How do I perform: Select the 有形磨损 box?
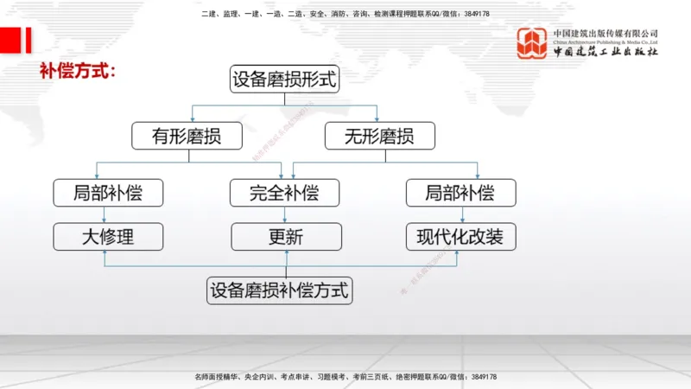[x=186, y=136]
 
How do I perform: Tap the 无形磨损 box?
[x=379, y=136]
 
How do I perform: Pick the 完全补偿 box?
[x=286, y=192]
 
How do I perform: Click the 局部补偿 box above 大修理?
[x=108, y=192]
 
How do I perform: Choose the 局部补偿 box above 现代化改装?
[x=460, y=192]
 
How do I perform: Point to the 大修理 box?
[x=108, y=236]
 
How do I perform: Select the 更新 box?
[x=286, y=236]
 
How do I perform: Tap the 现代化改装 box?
[x=460, y=236]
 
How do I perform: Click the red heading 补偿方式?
[x=77, y=70]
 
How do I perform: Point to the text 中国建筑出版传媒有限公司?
[x=605, y=33]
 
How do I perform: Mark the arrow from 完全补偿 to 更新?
[x=286, y=214]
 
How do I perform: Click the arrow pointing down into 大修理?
[x=105, y=214]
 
